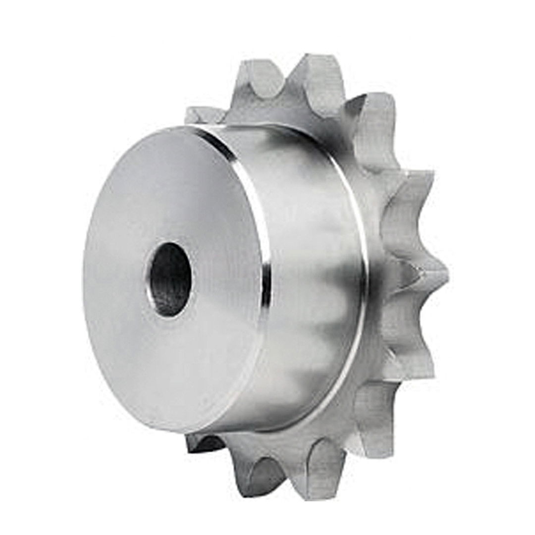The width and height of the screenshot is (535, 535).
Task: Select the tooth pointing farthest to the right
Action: pos(426,277)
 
